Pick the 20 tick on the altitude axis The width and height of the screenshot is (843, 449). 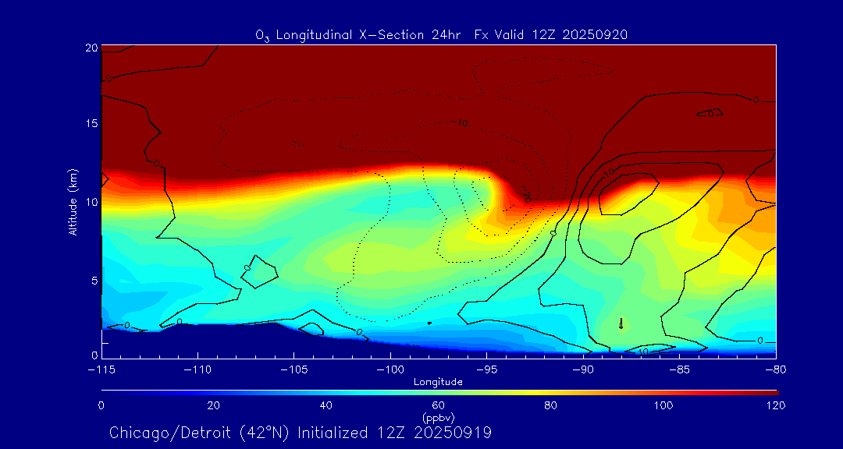91,48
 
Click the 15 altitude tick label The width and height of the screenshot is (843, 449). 91,124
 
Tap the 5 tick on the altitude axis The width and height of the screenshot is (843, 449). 94,280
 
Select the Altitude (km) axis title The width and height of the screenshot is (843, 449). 73,202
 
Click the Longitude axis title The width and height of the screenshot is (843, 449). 439,381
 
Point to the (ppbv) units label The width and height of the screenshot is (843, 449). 439,417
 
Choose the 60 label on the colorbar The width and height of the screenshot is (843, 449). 439,405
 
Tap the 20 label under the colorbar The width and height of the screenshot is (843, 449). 213,405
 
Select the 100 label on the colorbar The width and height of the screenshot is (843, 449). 663,405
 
